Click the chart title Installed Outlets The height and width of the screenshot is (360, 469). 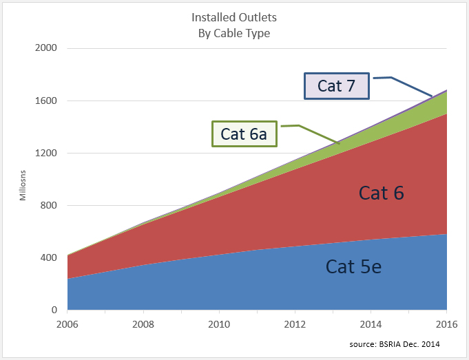234,18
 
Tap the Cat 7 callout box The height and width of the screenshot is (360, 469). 337,85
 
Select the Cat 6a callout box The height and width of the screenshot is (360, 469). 244,134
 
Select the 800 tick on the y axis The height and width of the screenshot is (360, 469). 49,205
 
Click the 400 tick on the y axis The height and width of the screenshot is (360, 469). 49,257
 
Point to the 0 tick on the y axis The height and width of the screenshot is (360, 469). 54,310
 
